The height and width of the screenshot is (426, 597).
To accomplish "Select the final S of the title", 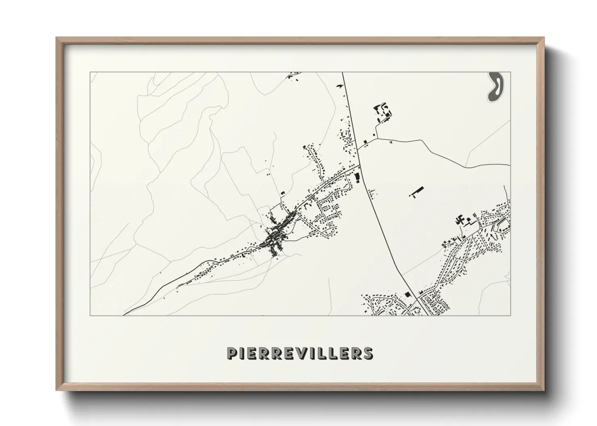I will click(x=368, y=353).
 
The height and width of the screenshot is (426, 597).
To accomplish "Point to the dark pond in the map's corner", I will click(x=495, y=87).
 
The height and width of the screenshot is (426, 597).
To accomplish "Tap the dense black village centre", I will click(x=274, y=238).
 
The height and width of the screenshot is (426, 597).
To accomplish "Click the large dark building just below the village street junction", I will click(x=356, y=177).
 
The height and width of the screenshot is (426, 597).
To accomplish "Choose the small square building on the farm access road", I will click(x=365, y=142).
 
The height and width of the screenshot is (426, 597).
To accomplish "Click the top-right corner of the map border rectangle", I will click(x=510, y=72).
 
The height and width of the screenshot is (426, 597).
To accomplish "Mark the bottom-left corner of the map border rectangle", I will click(x=90, y=315).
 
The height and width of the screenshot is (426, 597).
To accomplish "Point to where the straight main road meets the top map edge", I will click(x=342, y=72).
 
